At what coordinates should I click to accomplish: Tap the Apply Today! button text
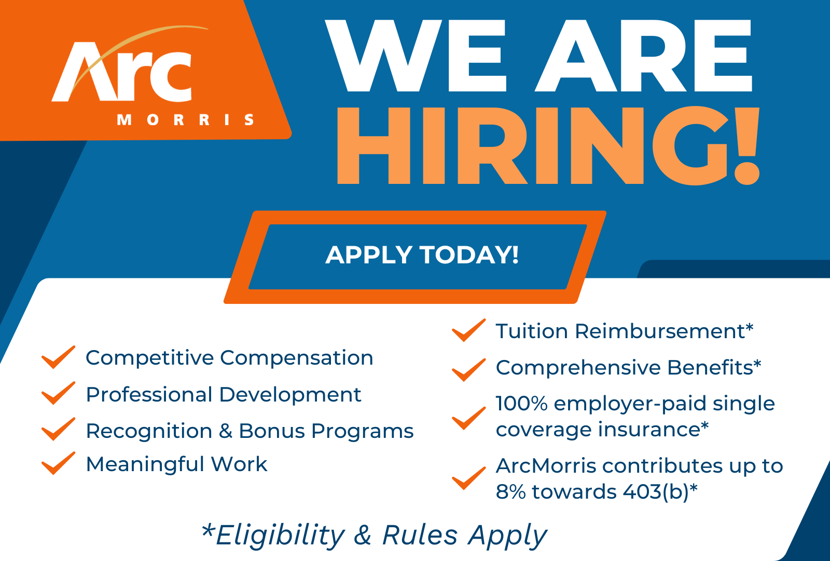click(422, 255)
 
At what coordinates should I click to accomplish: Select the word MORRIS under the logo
click(186, 120)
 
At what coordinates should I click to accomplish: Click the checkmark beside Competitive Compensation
click(58, 357)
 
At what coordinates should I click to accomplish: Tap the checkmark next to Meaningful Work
click(58, 463)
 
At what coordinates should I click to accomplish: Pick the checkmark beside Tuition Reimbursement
click(468, 330)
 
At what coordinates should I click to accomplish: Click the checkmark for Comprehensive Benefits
click(468, 369)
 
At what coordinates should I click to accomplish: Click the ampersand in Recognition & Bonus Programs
click(225, 431)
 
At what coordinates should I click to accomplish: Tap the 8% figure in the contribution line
click(511, 491)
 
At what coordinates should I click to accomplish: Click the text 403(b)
click(656, 491)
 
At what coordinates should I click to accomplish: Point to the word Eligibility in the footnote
click(280, 535)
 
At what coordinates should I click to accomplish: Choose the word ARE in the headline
click(643, 56)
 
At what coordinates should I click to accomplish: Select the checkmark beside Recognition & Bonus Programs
click(58, 430)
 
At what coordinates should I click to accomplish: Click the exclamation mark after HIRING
click(748, 146)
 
